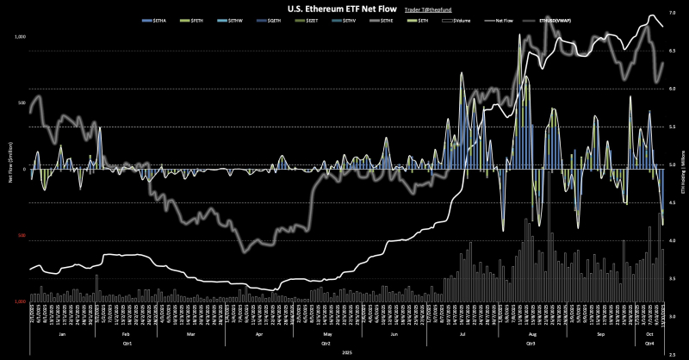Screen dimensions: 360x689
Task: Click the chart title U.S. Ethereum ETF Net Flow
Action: pyautogui.click(x=311, y=8)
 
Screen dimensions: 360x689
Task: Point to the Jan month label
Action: pyautogui.click(x=61, y=333)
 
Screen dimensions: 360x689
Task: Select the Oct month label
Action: pyautogui.click(x=650, y=333)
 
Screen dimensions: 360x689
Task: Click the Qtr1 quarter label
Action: pyautogui.click(x=127, y=342)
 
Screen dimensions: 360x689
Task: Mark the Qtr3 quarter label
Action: pyautogui.click(x=529, y=342)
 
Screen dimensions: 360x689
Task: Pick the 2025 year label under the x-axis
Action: pyautogui.click(x=347, y=352)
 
